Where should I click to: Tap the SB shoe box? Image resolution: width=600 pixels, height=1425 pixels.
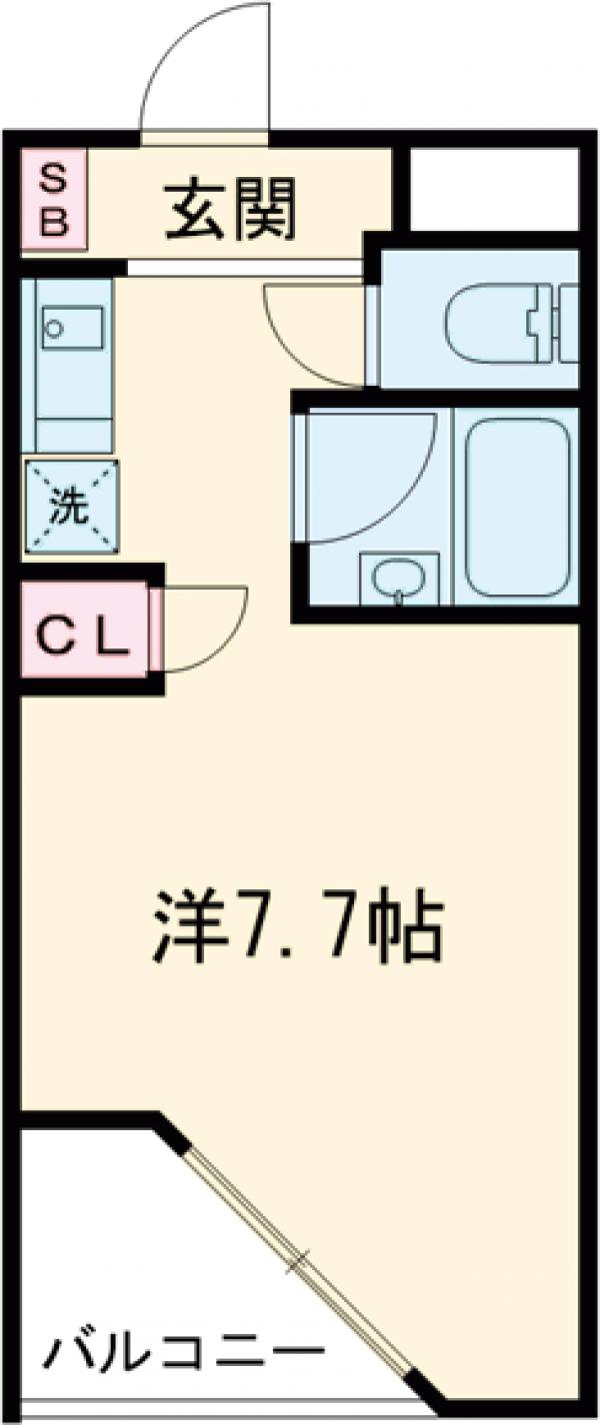click(x=55, y=200)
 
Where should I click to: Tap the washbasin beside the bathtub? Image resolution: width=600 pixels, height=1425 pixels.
click(x=399, y=580)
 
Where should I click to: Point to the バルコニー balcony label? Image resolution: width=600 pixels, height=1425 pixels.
click(x=185, y=1357)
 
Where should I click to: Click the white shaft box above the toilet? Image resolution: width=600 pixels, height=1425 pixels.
click(x=495, y=188)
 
